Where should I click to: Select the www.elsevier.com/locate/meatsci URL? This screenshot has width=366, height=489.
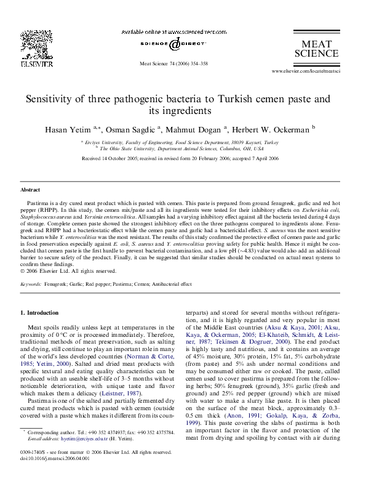(310, 72)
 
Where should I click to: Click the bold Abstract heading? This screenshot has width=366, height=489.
(31, 191)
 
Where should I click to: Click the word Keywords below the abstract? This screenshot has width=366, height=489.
(31, 284)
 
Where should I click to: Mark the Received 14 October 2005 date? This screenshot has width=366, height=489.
(111, 158)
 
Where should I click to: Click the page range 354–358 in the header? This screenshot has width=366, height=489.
(196, 63)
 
